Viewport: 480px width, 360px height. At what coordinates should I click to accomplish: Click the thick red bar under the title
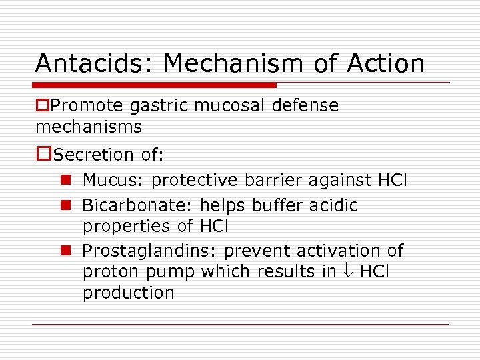point(155,85)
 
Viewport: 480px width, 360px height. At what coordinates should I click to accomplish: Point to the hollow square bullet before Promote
point(43,106)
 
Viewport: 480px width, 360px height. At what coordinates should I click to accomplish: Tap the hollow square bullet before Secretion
point(43,155)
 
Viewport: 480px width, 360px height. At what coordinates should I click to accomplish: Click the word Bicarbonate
point(124,205)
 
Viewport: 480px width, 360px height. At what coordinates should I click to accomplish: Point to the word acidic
point(333,205)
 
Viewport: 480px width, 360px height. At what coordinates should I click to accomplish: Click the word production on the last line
point(128,293)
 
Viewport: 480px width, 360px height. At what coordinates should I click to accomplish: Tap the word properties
point(127,226)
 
